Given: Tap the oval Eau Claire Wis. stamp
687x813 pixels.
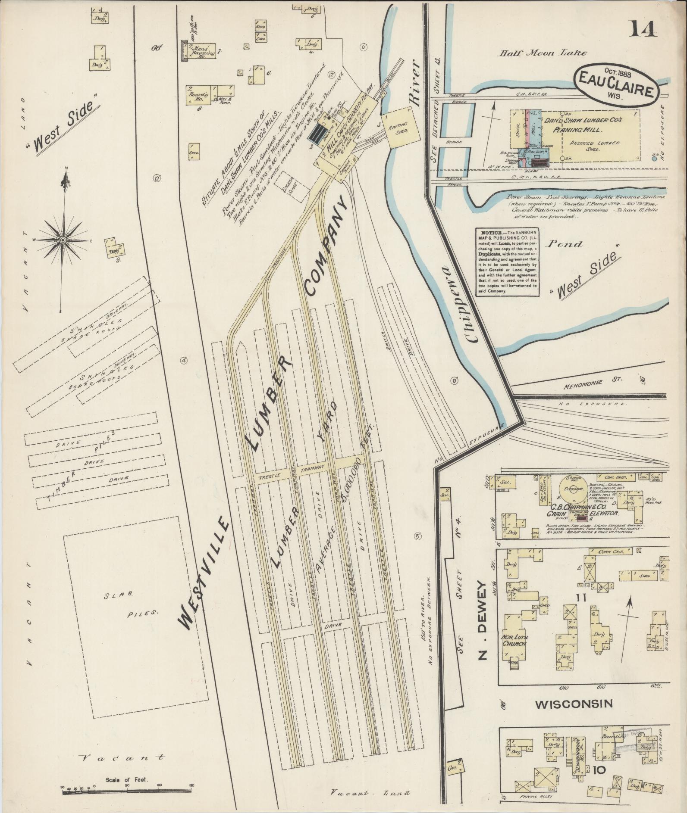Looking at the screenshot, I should coord(617,84).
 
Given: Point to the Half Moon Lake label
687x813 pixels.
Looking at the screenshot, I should coord(543,53).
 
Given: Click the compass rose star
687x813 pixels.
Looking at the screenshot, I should coord(63,240).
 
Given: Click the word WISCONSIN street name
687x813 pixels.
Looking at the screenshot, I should coord(574,704).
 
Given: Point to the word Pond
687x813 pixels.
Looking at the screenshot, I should coord(565,244).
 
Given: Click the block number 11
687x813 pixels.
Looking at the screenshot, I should coord(580,597).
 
